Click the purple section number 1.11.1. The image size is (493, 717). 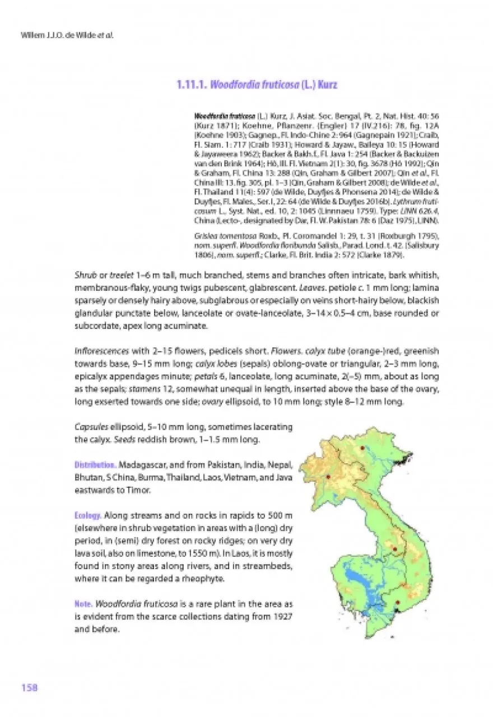tap(193, 85)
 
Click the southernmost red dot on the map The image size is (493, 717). tap(397, 603)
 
